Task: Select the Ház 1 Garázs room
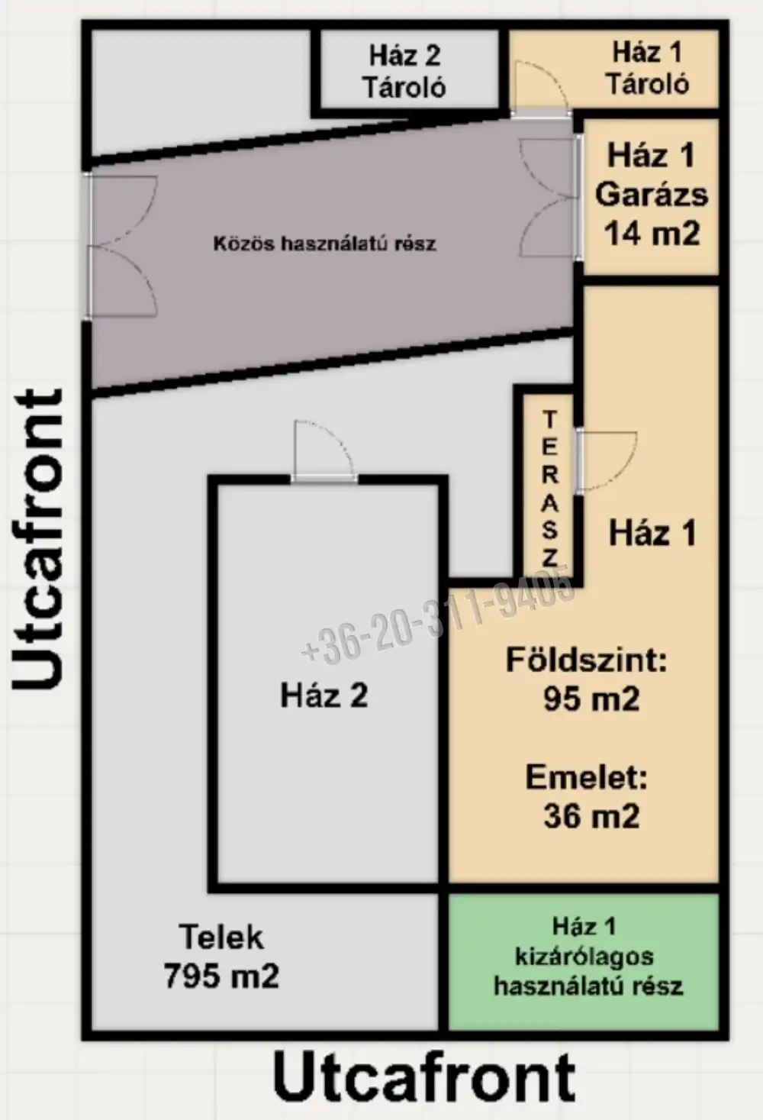(652, 197)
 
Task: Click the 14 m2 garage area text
(652, 233)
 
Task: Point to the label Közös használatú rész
(325, 244)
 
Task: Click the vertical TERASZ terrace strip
(548, 488)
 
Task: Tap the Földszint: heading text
(586, 660)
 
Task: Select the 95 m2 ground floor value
(591, 699)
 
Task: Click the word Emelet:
(586, 777)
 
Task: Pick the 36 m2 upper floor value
(591, 816)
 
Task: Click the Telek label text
(222, 937)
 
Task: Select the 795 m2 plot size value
(222, 976)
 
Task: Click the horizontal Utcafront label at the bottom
(424, 1075)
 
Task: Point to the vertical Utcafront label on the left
(37, 539)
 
